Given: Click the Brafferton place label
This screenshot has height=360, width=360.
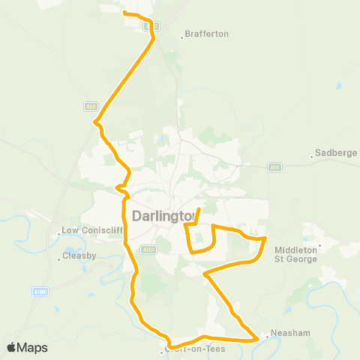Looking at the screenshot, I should (208, 34).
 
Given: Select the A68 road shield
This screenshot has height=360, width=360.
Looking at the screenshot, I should (91, 107).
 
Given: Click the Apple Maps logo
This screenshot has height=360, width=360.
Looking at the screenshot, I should (27, 347).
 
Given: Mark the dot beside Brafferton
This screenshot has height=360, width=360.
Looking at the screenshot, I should (181, 34).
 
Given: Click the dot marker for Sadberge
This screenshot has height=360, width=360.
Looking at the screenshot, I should (312, 157).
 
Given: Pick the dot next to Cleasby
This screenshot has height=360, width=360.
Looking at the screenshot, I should (59, 259).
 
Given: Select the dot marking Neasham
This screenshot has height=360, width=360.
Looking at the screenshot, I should (267, 337).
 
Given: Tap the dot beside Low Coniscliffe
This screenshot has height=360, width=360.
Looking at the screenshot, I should (59, 234).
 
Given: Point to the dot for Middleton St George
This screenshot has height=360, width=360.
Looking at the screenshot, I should (320, 244).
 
